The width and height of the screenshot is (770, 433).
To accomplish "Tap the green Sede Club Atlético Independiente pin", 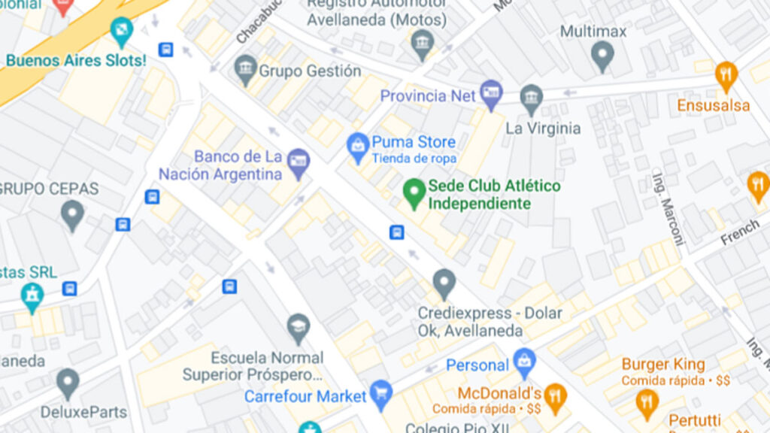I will (412, 193).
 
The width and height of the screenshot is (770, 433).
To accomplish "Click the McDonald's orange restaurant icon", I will (555, 397).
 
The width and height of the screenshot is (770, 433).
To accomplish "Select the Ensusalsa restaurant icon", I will (726, 75).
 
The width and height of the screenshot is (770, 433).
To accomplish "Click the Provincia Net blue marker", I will (491, 95).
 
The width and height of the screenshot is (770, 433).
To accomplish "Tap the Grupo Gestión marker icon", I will (245, 69).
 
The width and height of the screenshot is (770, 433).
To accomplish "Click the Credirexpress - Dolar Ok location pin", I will (444, 283).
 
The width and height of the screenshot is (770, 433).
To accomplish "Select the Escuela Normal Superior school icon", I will (299, 328).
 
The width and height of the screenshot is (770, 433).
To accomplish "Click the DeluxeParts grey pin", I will (68, 383).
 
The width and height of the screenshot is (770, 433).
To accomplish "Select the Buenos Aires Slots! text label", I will (76, 60).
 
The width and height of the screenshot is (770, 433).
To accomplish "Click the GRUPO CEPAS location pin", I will (72, 215).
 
